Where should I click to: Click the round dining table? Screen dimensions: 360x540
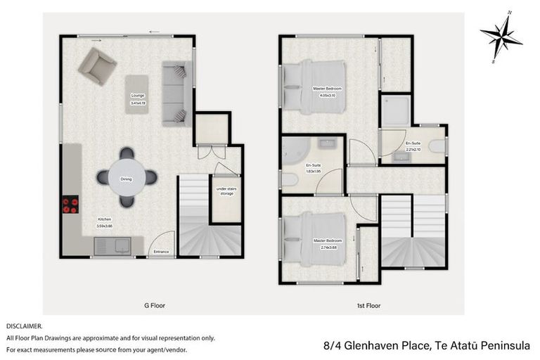tap(127, 178)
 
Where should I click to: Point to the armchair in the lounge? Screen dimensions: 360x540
tap(97, 65)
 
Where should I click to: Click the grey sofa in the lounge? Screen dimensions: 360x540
tap(176, 91)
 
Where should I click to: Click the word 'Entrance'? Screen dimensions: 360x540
tap(161, 251)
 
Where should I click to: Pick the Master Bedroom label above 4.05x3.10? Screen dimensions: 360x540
tap(327, 88)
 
